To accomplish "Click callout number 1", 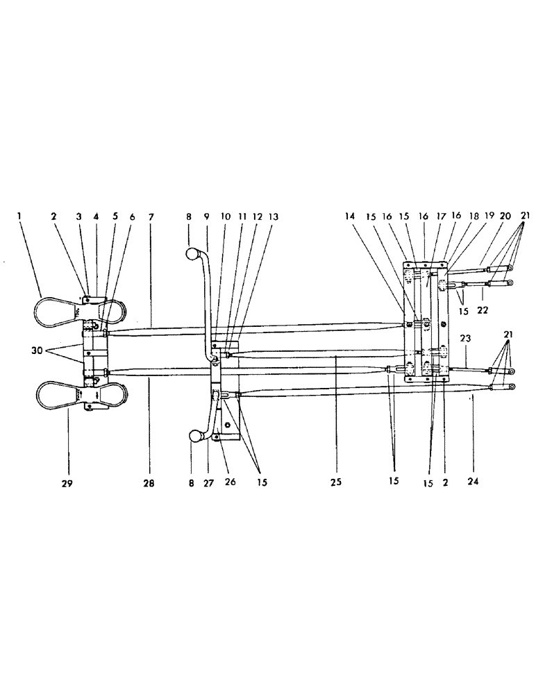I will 20,217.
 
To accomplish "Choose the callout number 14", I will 351,217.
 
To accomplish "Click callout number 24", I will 475,480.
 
